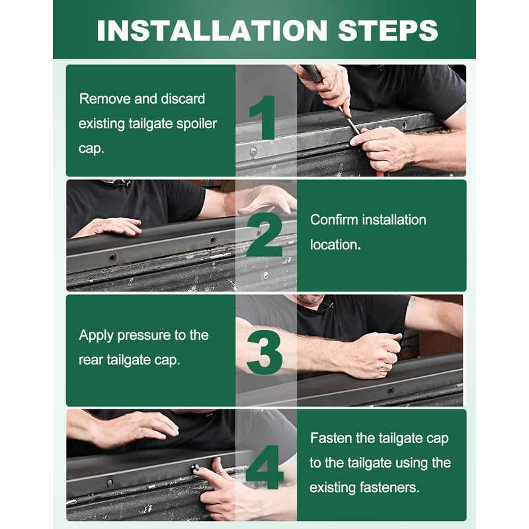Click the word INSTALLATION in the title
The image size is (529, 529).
pyautogui.click(x=212, y=30)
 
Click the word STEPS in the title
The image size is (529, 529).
pyautogui.click(x=387, y=30)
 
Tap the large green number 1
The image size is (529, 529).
pyautogui.click(x=263, y=118)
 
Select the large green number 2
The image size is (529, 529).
pyautogui.click(x=264, y=235)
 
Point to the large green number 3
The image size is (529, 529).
pyautogui.click(x=264, y=352)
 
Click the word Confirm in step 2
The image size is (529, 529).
pyautogui.click(x=334, y=220)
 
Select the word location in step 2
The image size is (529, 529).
pyautogui.click(x=335, y=245)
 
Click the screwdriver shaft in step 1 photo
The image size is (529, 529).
pyautogui.click(x=349, y=121)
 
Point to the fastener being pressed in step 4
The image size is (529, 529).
pyautogui.click(x=195, y=468)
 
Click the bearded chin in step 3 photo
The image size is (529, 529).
pyautogui.click(x=309, y=299)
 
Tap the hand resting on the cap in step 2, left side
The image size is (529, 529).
pyautogui.click(x=108, y=227)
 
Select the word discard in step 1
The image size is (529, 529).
pyautogui.click(x=183, y=99)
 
